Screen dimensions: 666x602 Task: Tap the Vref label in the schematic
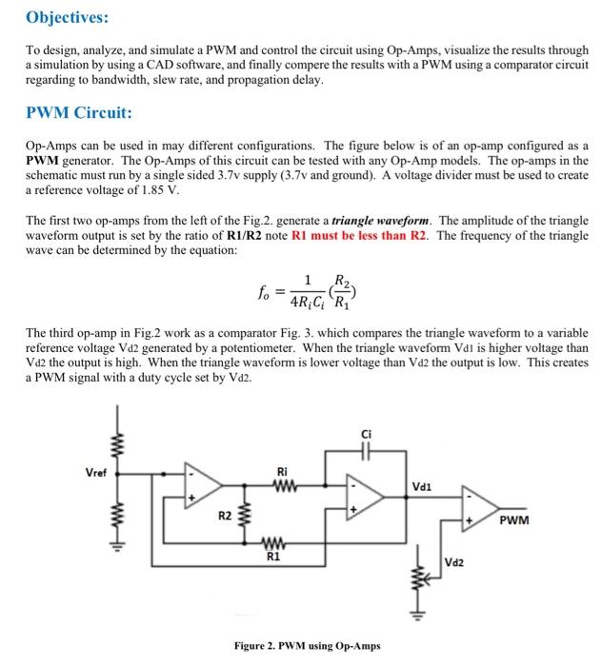pyautogui.click(x=97, y=470)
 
